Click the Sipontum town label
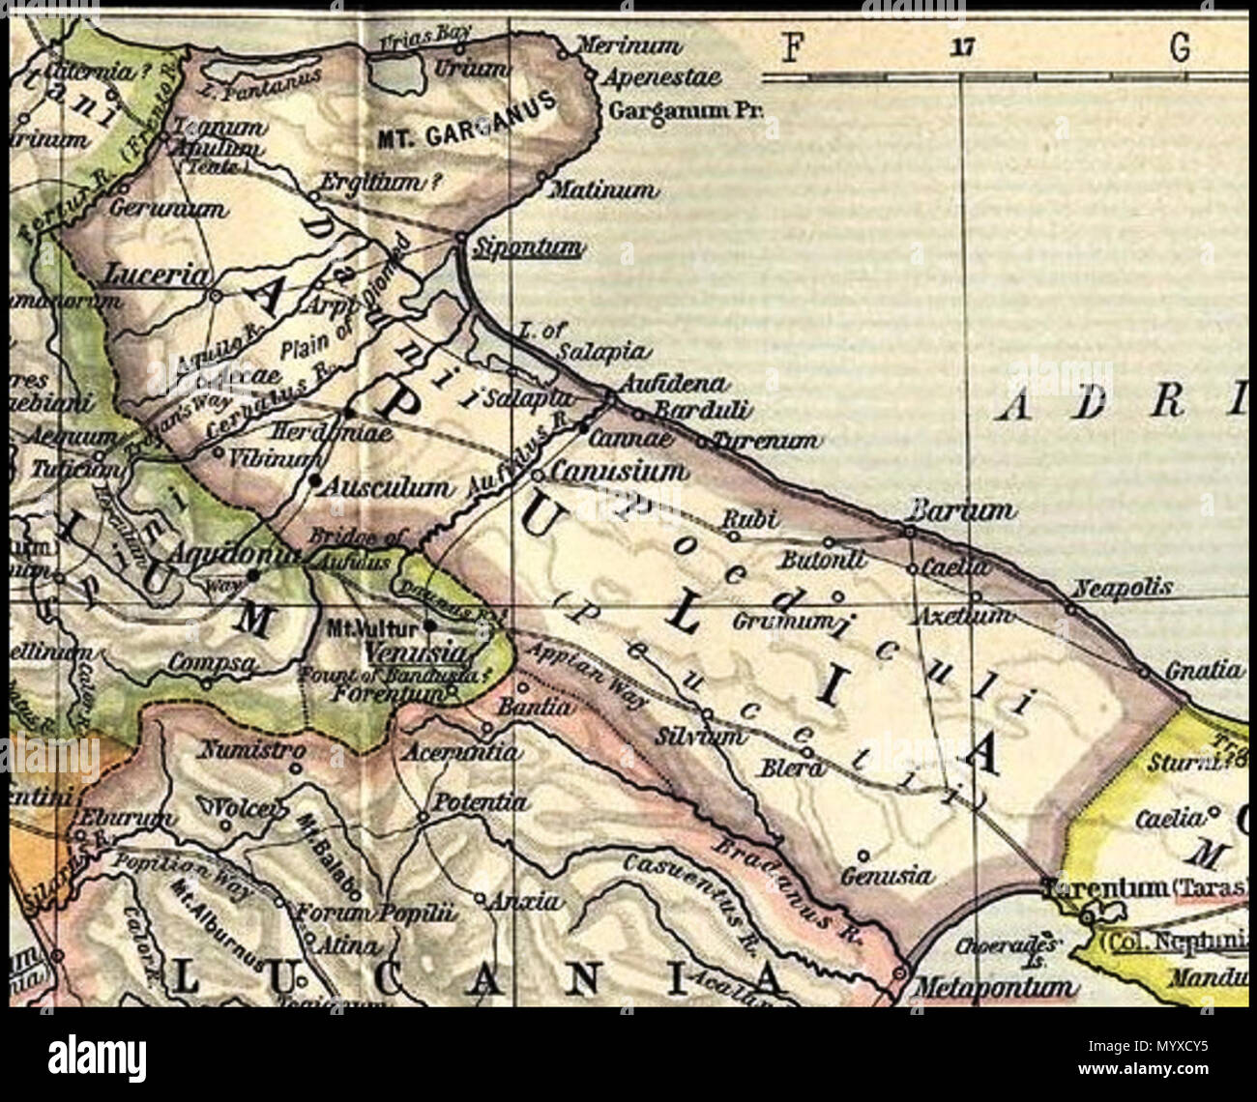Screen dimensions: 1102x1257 tap(524, 249)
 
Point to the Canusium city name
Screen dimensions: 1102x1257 tap(619, 472)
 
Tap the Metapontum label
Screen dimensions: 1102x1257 tap(993, 988)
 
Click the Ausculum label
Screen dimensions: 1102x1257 tap(386, 487)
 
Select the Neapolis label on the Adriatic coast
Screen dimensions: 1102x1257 tap(1124, 587)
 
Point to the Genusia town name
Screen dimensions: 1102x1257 tap(887, 876)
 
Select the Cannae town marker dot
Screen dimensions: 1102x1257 tap(584, 425)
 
